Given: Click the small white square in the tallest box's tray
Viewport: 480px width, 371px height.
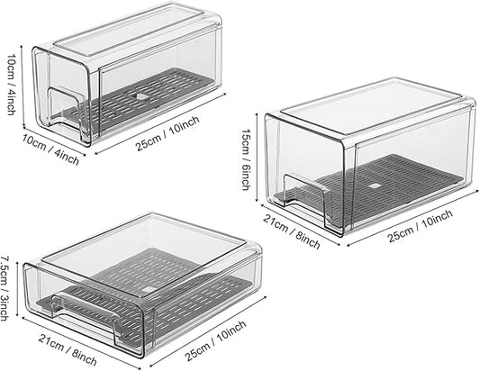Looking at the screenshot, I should click(x=374, y=187).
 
